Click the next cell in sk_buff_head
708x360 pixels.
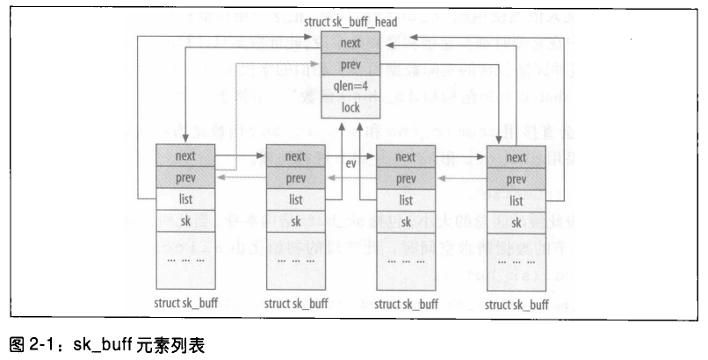(x=350, y=43)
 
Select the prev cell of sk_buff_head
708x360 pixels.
(x=350, y=65)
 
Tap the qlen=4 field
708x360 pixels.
(x=350, y=86)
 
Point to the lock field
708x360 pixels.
(x=350, y=107)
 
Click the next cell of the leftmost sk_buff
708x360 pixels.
(x=184, y=156)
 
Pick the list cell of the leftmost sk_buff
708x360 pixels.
(x=184, y=200)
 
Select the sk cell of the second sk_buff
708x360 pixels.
(x=295, y=221)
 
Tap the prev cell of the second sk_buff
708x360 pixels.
(x=295, y=178)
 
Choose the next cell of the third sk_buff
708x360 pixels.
(x=405, y=156)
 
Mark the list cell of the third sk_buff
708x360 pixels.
(x=405, y=200)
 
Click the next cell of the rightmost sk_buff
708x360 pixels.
(x=516, y=157)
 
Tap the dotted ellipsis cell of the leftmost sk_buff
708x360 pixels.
(x=184, y=261)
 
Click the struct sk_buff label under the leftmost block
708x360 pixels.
(x=184, y=303)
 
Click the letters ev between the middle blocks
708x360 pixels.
(x=350, y=164)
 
